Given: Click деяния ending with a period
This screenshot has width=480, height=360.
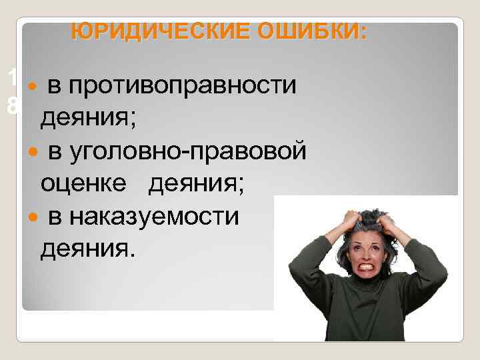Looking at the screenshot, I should [87, 249].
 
